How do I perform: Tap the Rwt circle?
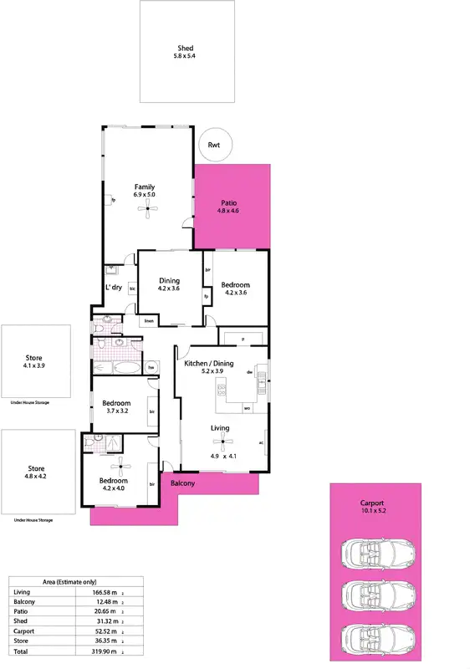(x=214, y=146)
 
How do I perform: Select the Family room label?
(x=145, y=186)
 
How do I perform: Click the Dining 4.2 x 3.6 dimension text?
(x=169, y=289)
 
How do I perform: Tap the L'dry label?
(x=114, y=288)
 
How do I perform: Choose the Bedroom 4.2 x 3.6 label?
(x=235, y=285)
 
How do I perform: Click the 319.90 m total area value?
(x=103, y=651)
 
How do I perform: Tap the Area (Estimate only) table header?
(x=75, y=582)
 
